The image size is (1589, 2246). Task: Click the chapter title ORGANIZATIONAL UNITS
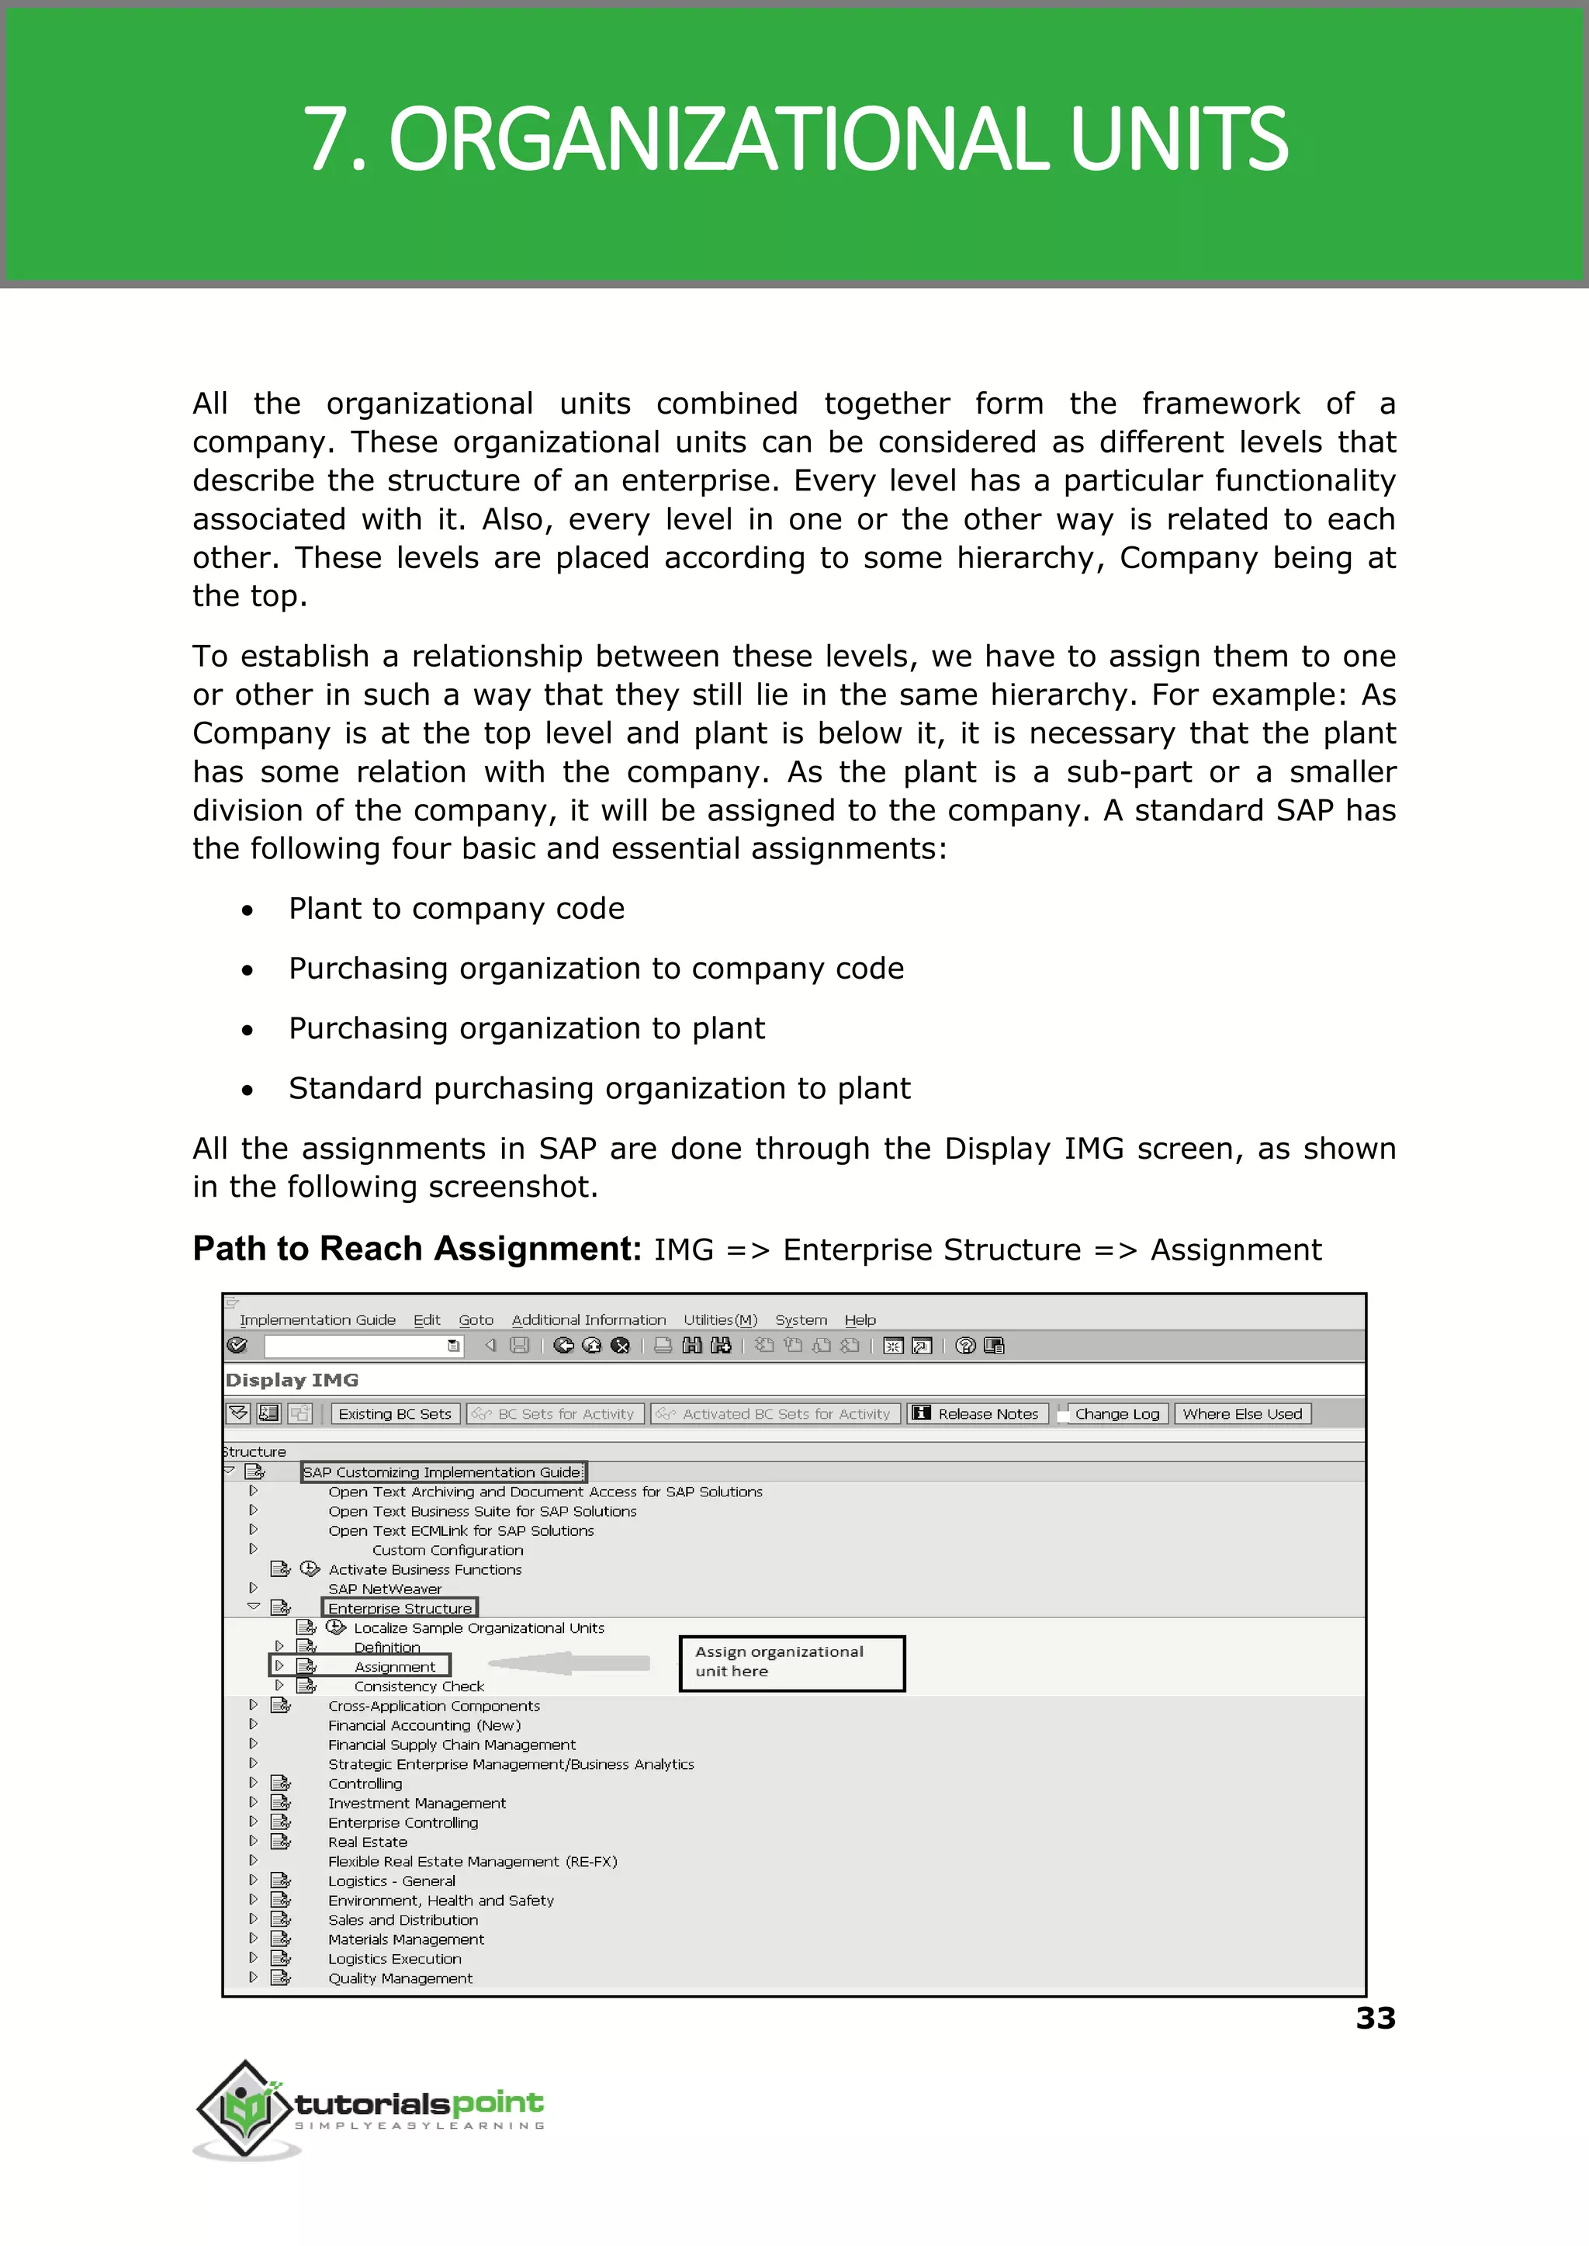pos(794,139)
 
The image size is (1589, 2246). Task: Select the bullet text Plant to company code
pos(456,908)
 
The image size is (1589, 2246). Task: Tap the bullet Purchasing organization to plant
pos(526,1028)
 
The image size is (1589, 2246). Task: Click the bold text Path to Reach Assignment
pos(417,1249)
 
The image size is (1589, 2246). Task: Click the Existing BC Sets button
pos(394,1413)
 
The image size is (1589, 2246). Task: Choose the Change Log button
pos(1116,1413)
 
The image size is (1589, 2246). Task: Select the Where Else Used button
pos(1241,1413)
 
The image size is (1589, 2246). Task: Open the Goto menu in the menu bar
pos(476,1319)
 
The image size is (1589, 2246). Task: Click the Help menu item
pos(860,1319)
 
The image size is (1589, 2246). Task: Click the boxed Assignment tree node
pos(394,1666)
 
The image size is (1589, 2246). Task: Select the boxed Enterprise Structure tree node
pos(400,1608)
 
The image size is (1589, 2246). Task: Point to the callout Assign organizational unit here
pos(791,1662)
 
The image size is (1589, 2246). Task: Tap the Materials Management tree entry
pos(406,1939)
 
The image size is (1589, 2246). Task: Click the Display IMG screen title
pos(292,1380)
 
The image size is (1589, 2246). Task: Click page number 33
pos(1375,2018)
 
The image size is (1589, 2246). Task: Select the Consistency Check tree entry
pos(419,1686)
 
